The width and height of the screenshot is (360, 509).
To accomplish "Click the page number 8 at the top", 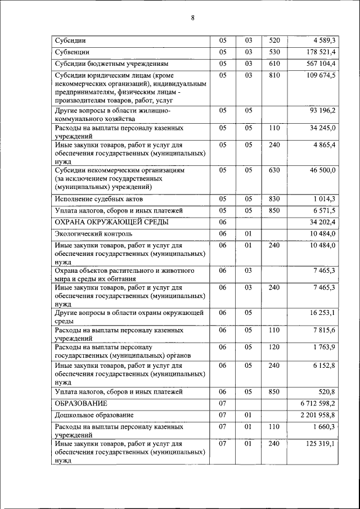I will tap(192, 17).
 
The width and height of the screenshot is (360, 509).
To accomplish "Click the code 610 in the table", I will tap(274, 64).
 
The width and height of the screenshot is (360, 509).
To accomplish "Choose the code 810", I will tap(274, 75).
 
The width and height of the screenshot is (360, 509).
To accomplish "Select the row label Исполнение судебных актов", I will tap(98, 199).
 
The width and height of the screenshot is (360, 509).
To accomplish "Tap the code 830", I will tap(274, 199).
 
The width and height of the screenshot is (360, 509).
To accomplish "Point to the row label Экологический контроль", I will tap(93, 233).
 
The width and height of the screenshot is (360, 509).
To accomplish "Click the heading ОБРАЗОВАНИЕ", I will tap(81, 403).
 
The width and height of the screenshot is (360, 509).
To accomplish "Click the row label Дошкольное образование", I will tap(94, 415).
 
